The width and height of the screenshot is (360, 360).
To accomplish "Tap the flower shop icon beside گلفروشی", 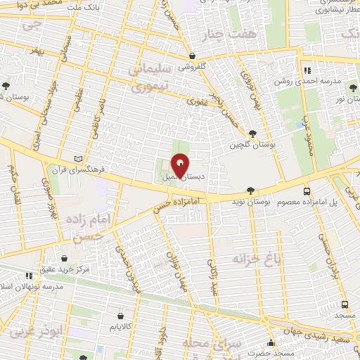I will pyautogui.click(x=191, y=56).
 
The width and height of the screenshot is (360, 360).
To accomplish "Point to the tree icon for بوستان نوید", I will pyautogui.click(x=251, y=190).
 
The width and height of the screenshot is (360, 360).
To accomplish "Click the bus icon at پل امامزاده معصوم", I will pyautogui.click(x=307, y=191).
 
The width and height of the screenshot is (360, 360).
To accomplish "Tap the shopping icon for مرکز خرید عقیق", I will pyautogui.click(x=65, y=258).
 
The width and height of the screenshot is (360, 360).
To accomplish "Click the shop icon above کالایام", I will pyautogui.click(x=120, y=316).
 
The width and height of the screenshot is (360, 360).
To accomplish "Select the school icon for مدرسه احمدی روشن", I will pyautogui.click(x=307, y=70).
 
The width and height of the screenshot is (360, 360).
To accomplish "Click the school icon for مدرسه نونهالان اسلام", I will pyautogui.click(x=29, y=276).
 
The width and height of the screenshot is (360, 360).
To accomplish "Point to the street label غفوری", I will pyautogui.click(x=193, y=103).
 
